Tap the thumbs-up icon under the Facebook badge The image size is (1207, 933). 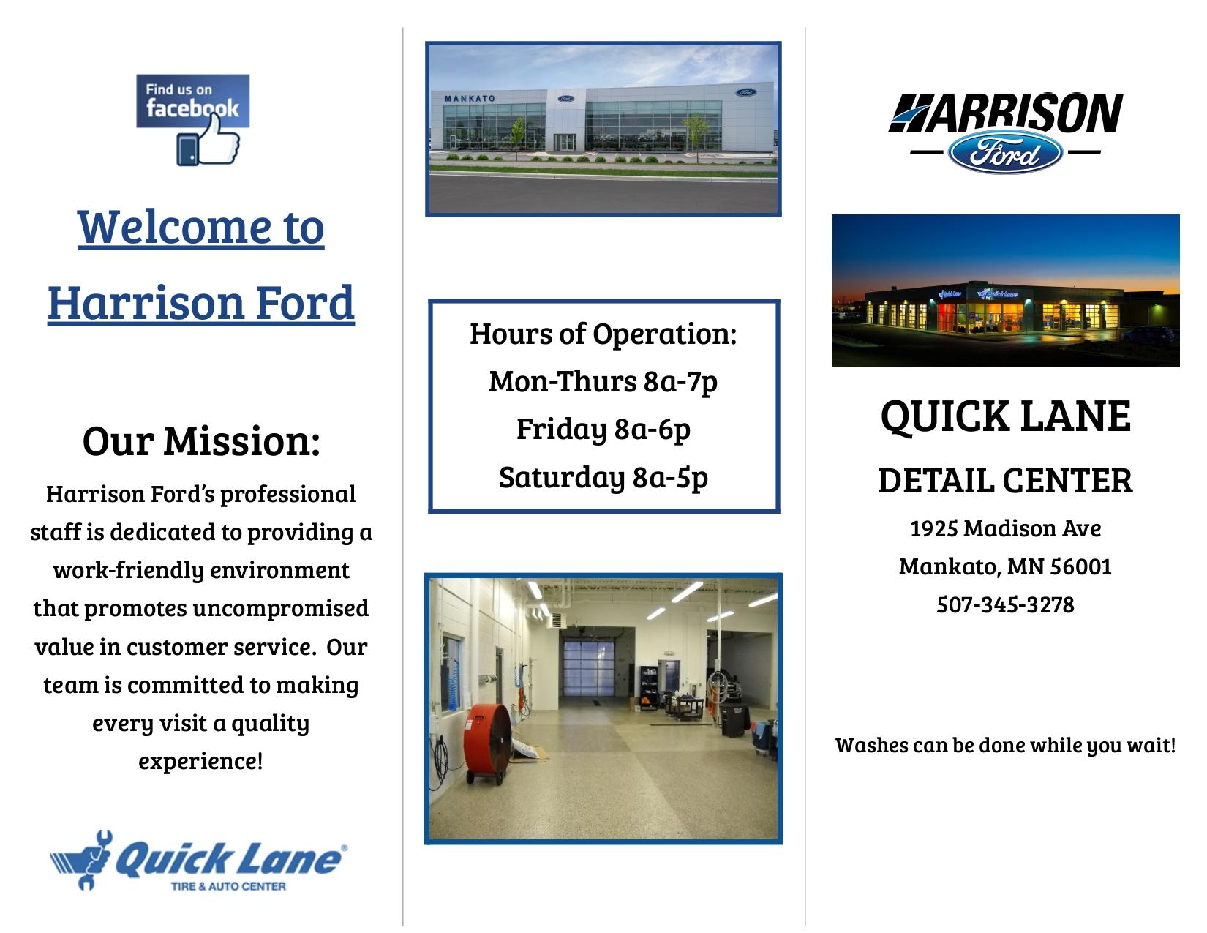[x=208, y=146]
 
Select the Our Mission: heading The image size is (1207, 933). [x=201, y=441]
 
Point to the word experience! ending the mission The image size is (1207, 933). [x=200, y=761]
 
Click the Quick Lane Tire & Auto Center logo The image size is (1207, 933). [x=198, y=861]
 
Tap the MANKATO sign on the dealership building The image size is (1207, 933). [x=470, y=98]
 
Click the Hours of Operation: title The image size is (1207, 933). [x=603, y=334]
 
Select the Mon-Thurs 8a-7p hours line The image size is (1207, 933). [x=603, y=381]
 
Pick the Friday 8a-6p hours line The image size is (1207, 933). [x=603, y=429]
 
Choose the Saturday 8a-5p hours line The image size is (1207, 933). [x=603, y=477]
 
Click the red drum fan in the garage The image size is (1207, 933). [x=487, y=739]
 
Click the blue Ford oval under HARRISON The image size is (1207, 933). [x=1005, y=152]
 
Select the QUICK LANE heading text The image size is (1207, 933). [x=1006, y=416]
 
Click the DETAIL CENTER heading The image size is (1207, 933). [x=1006, y=481]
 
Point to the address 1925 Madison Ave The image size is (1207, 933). [x=1006, y=528]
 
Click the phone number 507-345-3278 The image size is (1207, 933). [x=1006, y=605]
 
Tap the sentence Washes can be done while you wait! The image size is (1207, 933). [x=1006, y=745]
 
